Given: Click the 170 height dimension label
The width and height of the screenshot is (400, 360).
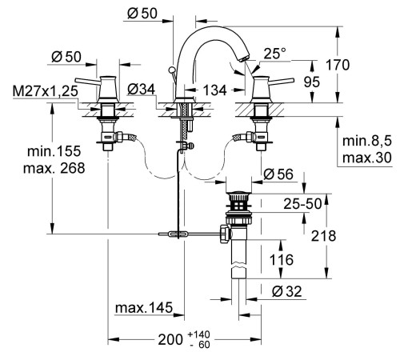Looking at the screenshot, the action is tap(338, 65).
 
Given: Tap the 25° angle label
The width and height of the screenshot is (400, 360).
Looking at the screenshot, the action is tap(274, 54).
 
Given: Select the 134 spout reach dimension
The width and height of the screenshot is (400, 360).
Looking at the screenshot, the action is tap(215, 90).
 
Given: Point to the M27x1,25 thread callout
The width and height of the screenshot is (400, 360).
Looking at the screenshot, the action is tap(46, 91).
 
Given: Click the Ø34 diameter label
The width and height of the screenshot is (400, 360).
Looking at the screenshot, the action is tap(141, 89).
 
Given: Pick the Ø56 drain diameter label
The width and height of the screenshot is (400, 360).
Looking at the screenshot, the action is tap(278, 174).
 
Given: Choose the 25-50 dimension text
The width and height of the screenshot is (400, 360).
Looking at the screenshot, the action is tap(302, 204).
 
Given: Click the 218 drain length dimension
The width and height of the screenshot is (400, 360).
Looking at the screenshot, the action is tap(323, 236).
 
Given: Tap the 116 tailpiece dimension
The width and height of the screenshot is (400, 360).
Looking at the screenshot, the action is tap(282, 260).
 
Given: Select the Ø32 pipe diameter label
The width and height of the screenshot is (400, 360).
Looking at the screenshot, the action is tap(286, 291).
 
